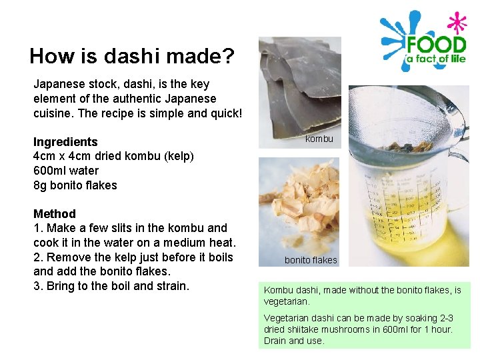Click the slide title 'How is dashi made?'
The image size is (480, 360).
point(131,56)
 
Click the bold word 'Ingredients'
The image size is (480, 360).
point(65,142)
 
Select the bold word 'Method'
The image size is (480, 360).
point(55,214)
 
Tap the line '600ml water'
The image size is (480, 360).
point(66,171)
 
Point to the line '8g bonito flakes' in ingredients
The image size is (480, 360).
point(75,185)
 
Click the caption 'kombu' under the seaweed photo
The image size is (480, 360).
point(319,139)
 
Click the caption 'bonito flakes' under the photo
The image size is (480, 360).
point(311,260)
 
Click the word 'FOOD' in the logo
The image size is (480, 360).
point(436,46)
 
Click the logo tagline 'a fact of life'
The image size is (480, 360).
point(435,62)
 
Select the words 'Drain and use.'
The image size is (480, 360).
point(294,341)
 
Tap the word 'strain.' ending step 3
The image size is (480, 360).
point(172,286)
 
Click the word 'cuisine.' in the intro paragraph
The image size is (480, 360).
point(53,113)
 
